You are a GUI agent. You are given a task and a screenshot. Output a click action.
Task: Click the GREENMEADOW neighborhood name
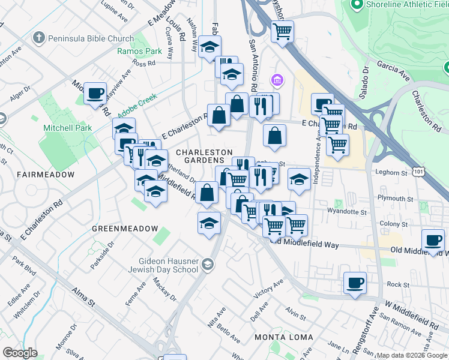[x=125, y=229]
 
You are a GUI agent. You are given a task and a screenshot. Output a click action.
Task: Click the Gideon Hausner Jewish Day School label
[x=160, y=265]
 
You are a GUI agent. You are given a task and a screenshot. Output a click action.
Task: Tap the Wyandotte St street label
[x=346, y=211]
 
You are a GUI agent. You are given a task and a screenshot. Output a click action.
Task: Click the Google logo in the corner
[x=20, y=353]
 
